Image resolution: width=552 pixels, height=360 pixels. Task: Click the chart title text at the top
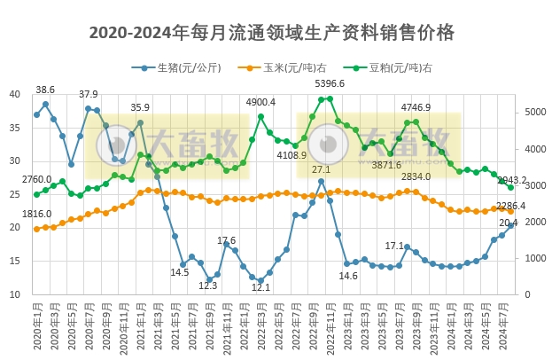click(272, 33)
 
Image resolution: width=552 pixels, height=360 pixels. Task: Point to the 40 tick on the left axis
click(14, 95)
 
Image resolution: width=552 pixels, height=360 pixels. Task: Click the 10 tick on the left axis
click(14, 294)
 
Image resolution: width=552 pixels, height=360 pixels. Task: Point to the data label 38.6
click(45, 90)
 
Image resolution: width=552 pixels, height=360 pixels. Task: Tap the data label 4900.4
click(260, 102)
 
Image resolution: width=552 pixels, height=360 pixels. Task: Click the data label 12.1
click(260, 287)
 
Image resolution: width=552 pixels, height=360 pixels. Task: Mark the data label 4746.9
click(416, 108)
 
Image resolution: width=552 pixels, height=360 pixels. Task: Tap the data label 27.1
click(321, 169)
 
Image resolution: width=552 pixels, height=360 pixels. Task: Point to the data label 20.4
click(509, 223)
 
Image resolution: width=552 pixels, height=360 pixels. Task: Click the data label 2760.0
click(36, 180)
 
